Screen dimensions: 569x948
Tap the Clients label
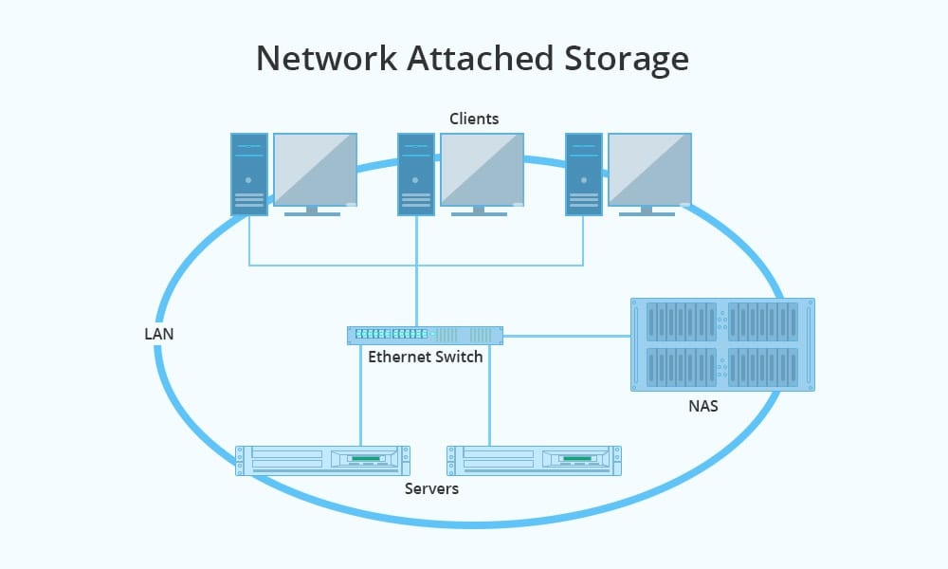tap(474, 119)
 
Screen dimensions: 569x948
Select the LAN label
tap(158, 335)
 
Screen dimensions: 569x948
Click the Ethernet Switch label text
tap(425, 358)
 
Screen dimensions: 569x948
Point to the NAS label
tap(703, 407)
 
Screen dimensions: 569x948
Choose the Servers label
tap(431, 488)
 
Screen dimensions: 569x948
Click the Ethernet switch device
tap(425, 335)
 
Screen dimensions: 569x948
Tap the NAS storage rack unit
tap(722, 344)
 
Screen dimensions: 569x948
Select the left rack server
tap(322, 460)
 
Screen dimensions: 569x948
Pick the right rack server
tap(535, 460)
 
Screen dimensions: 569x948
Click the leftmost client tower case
tap(249, 174)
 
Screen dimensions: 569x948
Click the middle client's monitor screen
tap(482, 168)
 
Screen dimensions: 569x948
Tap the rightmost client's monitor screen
tap(649, 168)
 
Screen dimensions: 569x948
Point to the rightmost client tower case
tap(584, 174)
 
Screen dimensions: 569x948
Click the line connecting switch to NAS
tap(567, 335)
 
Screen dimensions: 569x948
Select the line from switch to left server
tap(360, 394)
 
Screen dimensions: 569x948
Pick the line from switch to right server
tap(490, 394)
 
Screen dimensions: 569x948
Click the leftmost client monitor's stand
tap(312, 211)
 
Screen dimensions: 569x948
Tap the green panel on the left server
tap(367, 459)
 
